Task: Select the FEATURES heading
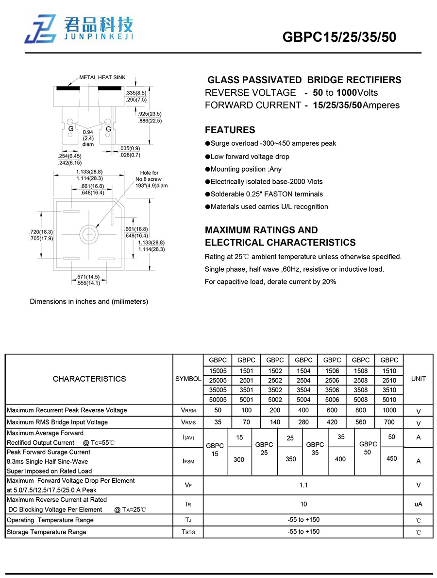pyautogui.click(x=230, y=130)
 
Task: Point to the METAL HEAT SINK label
pyautogui.click(x=102, y=77)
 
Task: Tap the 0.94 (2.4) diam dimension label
pyautogui.click(x=88, y=138)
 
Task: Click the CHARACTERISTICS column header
pyautogui.click(x=89, y=379)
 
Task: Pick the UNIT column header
pyautogui.click(x=418, y=379)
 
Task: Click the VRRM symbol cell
pyautogui.click(x=188, y=410)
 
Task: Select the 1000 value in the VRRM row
pyautogui.click(x=389, y=410)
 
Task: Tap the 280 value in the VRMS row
pyautogui.click(x=303, y=422)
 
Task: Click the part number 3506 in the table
pyautogui.click(x=332, y=389)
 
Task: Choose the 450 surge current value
pyautogui.click(x=391, y=458)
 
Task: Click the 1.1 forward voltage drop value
pyautogui.click(x=303, y=485)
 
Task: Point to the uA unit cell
pyautogui.click(x=418, y=504)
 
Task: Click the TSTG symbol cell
pyautogui.click(x=188, y=532)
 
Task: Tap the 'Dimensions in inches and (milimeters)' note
pyautogui.click(x=89, y=301)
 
